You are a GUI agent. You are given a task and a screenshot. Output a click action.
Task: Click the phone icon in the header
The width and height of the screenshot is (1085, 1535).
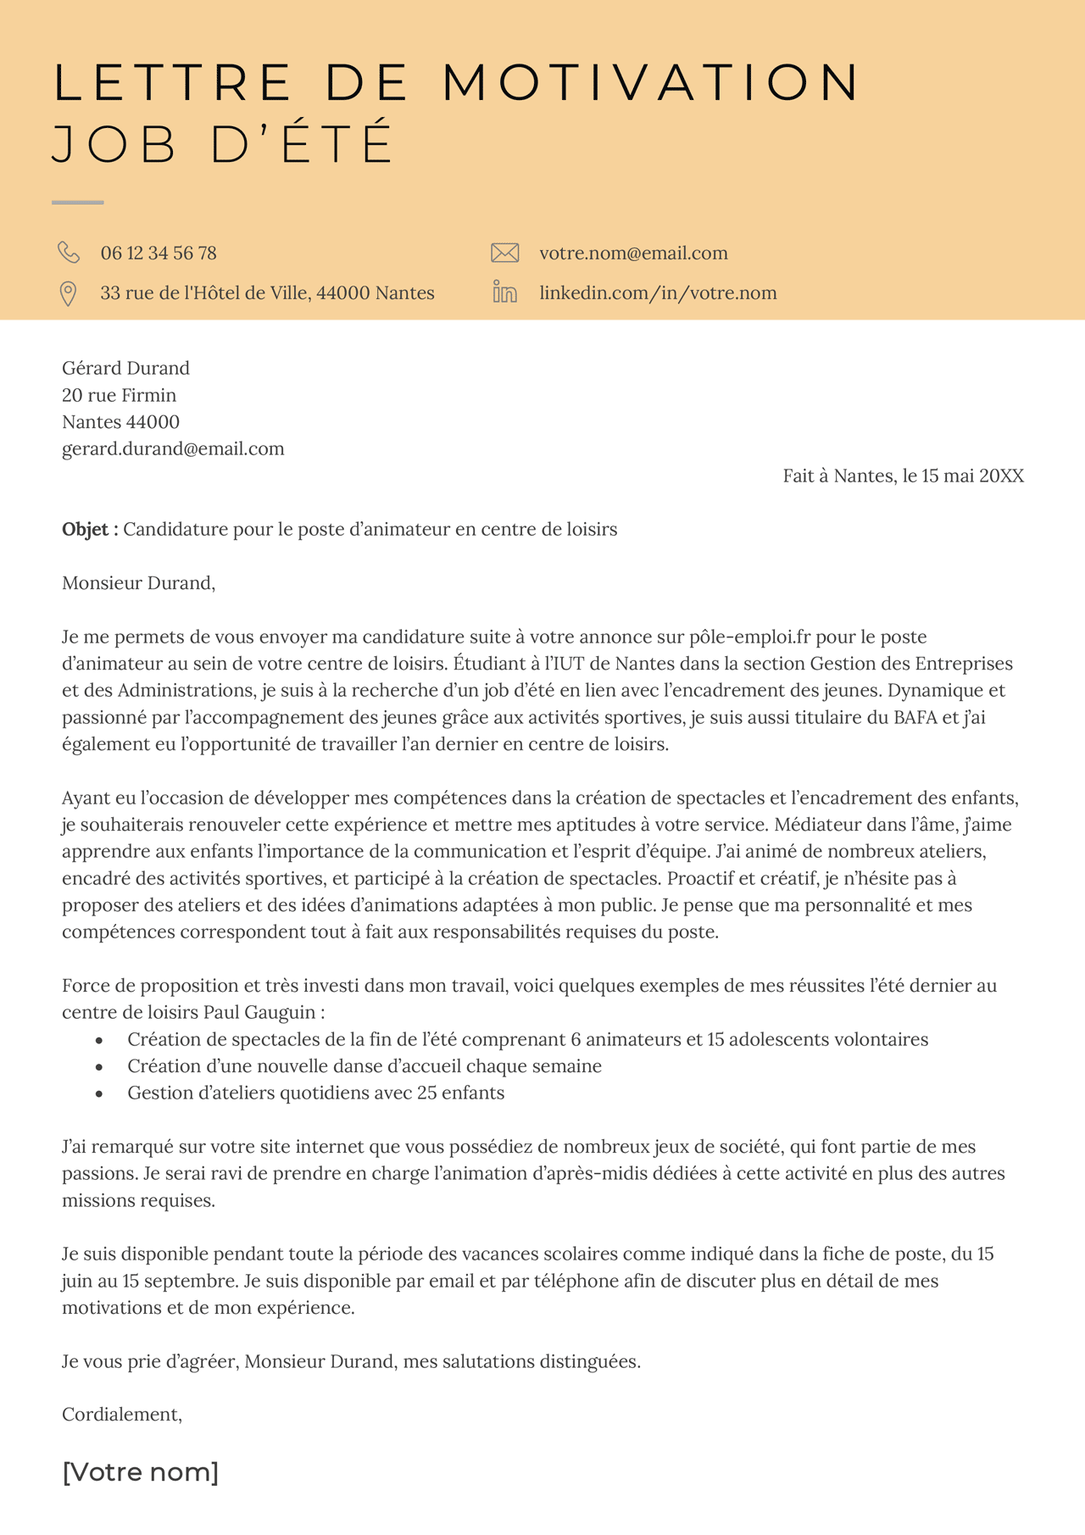pyautogui.click(x=69, y=253)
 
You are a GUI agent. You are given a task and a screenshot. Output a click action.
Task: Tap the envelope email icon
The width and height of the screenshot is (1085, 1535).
pyautogui.click(x=504, y=253)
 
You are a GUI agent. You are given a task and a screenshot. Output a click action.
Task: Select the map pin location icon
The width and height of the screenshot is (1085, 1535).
pyautogui.click(x=68, y=293)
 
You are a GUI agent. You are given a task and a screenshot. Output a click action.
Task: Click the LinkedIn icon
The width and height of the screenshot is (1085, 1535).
pyautogui.click(x=504, y=293)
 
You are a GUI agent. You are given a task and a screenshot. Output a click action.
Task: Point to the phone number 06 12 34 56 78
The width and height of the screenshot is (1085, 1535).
pyautogui.click(x=159, y=253)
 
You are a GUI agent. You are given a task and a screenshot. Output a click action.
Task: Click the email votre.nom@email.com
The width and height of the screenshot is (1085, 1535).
pyautogui.click(x=633, y=253)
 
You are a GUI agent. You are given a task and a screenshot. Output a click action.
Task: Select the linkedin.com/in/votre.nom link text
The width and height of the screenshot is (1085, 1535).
pyautogui.click(x=658, y=293)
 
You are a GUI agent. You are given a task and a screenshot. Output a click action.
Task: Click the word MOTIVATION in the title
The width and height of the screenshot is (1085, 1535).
pyautogui.click(x=651, y=83)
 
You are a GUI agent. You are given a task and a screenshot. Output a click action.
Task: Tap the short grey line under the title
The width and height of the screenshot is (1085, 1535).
pyautogui.click(x=77, y=203)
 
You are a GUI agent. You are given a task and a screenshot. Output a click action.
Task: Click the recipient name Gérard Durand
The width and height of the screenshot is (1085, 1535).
pyautogui.click(x=125, y=368)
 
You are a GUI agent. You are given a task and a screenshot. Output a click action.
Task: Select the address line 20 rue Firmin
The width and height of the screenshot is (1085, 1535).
pyautogui.click(x=119, y=395)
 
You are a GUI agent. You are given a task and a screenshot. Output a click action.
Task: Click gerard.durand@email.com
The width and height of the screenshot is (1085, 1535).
pyautogui.click(x=173, y=449)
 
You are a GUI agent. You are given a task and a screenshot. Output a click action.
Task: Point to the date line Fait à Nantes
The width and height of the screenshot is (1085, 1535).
pyautogui.click(x=903, y=476)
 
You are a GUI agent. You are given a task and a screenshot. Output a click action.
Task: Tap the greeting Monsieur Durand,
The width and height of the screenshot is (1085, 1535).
pyautogui.click(x=138, y=583)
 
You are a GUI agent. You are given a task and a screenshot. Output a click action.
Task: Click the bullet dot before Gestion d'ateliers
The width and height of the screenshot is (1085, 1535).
pyautogui.click(x=99, y=1094)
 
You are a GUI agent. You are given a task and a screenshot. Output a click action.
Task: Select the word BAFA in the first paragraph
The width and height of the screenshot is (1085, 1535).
pyautogui.click(x=915, y=718)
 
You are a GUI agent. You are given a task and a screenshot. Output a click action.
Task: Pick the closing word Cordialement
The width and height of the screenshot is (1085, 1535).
pyautogui.click(x=121, y=1415)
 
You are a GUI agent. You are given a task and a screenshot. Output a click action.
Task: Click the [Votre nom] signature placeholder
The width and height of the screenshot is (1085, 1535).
pyautogui.click(x=140, y=1472)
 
